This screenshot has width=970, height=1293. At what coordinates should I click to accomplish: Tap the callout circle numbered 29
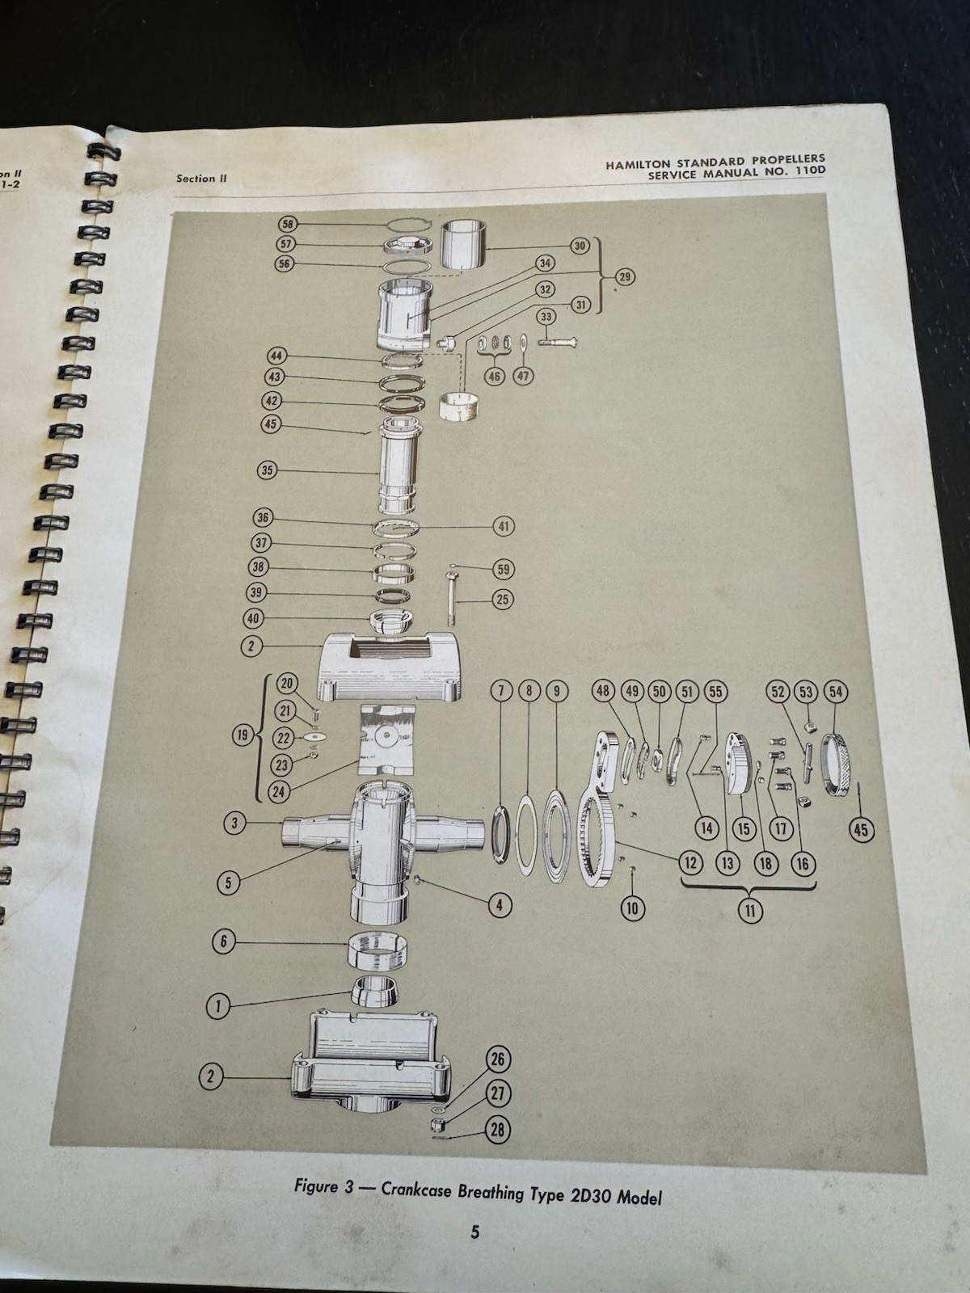point(624,277)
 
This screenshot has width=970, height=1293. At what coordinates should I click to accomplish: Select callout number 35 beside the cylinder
point(268,470)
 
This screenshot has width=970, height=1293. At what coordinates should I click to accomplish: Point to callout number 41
point(504,526)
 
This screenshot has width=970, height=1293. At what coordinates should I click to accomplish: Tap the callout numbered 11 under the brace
point(750,911)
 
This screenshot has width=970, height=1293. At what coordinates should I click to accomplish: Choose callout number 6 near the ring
point(224,941)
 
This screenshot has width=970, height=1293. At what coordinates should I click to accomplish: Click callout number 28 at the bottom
point(498,1129)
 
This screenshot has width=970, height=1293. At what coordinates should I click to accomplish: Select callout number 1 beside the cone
point(217,1006)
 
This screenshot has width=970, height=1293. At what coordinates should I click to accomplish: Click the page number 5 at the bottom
point(475,1232)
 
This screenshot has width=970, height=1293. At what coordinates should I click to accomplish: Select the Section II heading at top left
point(196,179)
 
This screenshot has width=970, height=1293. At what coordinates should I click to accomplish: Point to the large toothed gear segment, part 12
point(597,832)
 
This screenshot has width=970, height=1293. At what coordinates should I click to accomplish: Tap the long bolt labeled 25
point(449,598)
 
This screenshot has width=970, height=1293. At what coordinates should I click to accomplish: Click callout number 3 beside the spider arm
point(234,823)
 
